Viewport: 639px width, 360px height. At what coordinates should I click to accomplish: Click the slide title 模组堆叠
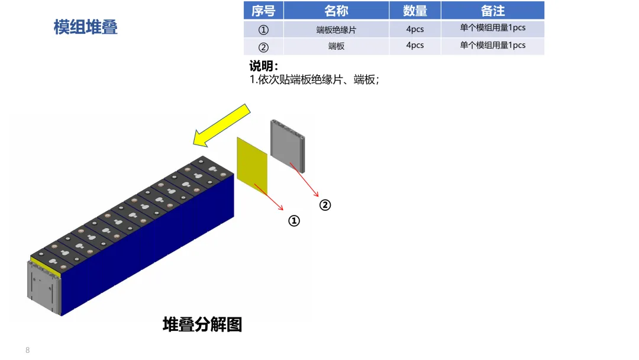coord(86,27)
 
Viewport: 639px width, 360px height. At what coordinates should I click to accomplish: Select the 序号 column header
coord(263,11)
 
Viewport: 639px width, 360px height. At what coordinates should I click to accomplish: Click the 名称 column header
coord(336,11)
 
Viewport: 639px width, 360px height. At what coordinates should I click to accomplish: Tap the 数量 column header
coord(415,11)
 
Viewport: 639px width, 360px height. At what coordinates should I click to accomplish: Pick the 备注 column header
coord(492,11)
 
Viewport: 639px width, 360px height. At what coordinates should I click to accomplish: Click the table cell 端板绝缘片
coord(336,30)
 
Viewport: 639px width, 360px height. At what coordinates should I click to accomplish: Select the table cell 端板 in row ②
coord(336,46)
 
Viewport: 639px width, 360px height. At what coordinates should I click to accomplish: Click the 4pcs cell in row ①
coord(415,29)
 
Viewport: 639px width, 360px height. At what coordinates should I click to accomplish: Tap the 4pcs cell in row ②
coord(415,46)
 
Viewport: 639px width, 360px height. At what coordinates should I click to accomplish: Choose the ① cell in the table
coord(263,30)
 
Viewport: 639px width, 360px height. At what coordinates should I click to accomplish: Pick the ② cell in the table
coord(263,47)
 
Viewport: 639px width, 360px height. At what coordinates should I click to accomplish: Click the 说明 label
coord(263,66)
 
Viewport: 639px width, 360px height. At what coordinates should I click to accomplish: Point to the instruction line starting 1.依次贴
coord(314,79)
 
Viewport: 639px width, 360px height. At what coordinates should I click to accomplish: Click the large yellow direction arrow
coord(222,125)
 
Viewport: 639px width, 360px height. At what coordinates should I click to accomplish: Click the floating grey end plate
coord(289,144)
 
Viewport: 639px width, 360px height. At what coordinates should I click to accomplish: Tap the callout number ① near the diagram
coord(294,221)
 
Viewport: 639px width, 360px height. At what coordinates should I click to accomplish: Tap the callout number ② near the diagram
coord(325,205)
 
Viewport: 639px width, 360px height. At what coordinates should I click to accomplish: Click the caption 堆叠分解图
coord(202,324)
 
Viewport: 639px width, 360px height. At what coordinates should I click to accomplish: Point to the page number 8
coord(28,350)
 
